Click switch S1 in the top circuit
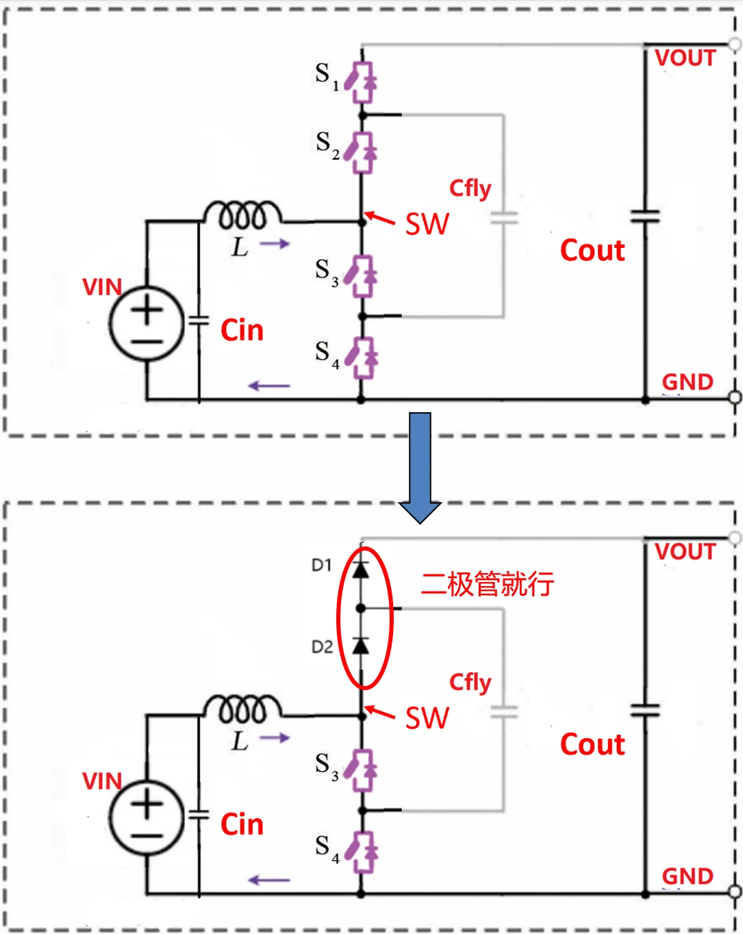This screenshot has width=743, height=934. tap(361, 81)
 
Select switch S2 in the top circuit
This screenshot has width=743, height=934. tap(361, 152)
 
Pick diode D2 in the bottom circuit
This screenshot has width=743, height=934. tap(361, 646)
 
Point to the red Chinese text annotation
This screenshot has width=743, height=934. tap(487, 584)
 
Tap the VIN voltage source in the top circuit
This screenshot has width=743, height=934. tap(147, 323)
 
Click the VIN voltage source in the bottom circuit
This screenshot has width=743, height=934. tap(147, 818)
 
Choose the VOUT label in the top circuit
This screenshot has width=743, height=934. tap(685, 58)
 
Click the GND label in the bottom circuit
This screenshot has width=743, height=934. tap(688, 876)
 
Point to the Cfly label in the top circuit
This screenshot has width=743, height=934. tap(470, 188)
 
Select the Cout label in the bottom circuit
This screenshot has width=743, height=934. tap(592, 744)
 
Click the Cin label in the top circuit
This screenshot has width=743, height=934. tap(242, 330)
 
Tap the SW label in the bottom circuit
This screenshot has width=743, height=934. tap(427, 718)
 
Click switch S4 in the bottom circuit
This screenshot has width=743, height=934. tap(361, 851)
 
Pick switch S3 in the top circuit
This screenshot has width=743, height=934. tap(361, 276)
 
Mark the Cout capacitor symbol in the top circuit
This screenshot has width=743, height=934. tap(645, 216)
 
